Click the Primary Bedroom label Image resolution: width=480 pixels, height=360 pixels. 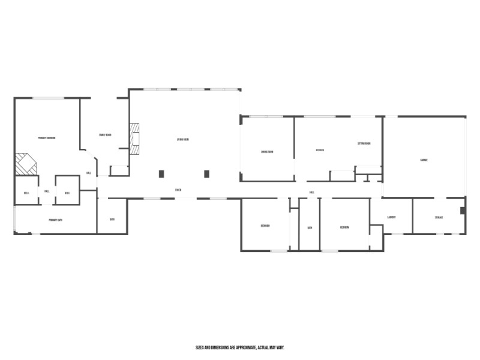(47, 138)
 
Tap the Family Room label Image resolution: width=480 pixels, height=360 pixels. (105, 135)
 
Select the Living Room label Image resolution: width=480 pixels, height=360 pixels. (183, 140)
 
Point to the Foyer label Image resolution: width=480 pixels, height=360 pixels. (178, 190)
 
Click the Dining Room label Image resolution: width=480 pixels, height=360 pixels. (267, 152)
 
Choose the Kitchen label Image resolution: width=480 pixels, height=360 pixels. (320, 150)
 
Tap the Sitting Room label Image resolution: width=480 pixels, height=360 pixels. (364, 144)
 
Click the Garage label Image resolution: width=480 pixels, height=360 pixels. (424, 160)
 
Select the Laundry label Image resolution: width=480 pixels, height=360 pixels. (391, 217)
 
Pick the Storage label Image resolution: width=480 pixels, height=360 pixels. (439, 217)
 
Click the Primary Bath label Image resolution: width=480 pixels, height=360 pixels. (56, 220)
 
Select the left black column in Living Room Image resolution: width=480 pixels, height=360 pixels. (161, 174)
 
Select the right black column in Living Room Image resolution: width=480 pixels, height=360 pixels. (206, 174)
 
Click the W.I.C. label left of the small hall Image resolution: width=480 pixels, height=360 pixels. (27, 193)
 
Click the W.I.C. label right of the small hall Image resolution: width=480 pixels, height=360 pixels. (67, 193)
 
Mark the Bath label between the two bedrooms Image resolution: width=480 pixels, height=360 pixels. (310, 227)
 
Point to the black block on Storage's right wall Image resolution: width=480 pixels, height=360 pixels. (462, 210)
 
